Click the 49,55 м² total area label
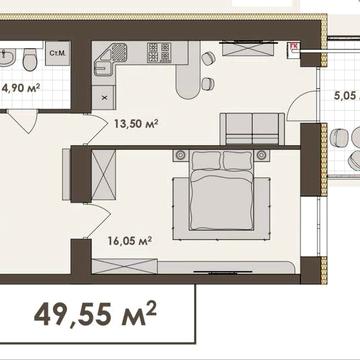click(95, 314)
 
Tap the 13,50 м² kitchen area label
click(136, 124)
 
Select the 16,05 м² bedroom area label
click(130, 240)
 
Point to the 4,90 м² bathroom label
click(21, 89)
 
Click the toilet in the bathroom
click(30, 60)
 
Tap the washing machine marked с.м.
click(58, 53)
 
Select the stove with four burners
click(159, 52)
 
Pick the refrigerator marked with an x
click(104, 97)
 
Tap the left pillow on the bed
click(207, 161)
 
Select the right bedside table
click(262, 155)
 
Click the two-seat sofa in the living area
click(252, 129)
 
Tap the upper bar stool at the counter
click(208, 58)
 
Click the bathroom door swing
click(22, 122)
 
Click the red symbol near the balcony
click(294, 47)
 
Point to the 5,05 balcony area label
click(347, 96)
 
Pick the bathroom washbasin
click(7, 57)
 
